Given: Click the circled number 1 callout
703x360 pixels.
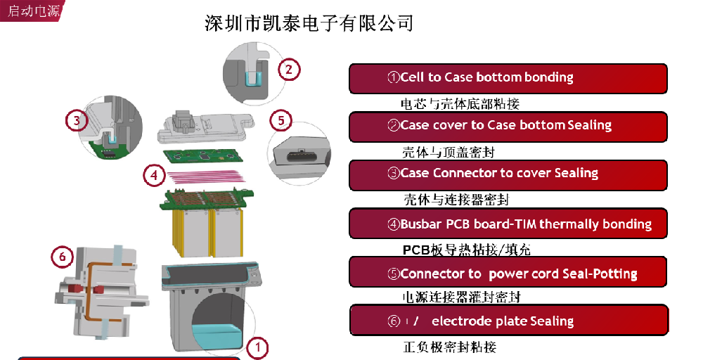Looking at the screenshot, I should (258, 346).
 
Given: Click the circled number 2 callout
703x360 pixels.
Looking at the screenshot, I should (288, 69).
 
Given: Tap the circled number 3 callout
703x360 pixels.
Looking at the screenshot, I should (77, 120).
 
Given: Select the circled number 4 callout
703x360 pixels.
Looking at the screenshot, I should (154, 175).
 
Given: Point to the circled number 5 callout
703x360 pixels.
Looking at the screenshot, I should (280, 120).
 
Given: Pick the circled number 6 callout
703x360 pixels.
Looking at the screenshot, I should (62, 257).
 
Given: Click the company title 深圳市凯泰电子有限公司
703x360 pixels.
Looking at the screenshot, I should (309, 23).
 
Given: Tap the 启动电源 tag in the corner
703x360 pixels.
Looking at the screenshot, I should (32, 11).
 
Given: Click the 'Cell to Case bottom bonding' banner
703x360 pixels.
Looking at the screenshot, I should (508, 78).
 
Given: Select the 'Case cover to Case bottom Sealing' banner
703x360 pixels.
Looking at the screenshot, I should (508, 127).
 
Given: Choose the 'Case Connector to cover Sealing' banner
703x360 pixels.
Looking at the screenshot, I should (508, 174).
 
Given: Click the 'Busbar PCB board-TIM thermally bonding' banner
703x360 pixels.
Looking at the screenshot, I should (508, 224).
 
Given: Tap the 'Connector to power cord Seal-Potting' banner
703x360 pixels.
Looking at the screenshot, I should (508, 273).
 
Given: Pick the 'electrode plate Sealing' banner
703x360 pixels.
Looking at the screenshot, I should (508, 321).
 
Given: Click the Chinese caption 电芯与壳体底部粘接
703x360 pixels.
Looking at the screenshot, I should (460, 104).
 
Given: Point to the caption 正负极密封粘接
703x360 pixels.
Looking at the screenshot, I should (450, 347).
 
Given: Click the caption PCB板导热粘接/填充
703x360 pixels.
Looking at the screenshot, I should (462, 250).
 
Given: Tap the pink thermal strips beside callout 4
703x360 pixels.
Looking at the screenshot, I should (205, 176).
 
